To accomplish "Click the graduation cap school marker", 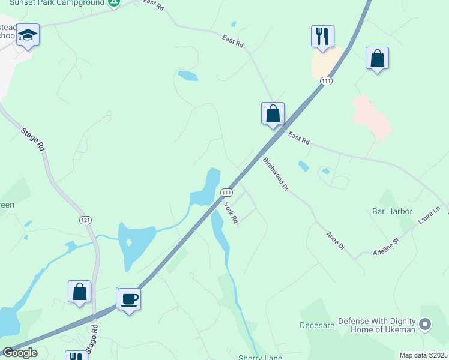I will [28, 35].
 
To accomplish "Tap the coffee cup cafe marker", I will [128, 299].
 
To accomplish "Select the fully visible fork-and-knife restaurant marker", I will [322, 36].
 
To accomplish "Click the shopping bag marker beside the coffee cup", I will [79, 292].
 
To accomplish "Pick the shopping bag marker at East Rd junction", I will [273, 113].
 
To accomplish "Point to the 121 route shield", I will [85, 220].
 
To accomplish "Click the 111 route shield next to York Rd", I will [226, 192].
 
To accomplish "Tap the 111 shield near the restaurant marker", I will [326, 81].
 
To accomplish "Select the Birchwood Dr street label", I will [276, 173].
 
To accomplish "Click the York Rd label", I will [231, 213].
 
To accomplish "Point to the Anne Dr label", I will [336, 242].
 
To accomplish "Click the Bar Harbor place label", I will [392, 211].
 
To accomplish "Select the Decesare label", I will [316, 326].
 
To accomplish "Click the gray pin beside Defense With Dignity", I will [426, 325].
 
